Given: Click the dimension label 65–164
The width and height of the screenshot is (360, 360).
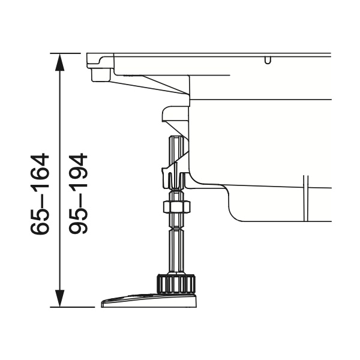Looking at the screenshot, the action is point(40,194).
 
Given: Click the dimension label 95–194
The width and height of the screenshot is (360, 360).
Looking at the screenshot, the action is point(78,194).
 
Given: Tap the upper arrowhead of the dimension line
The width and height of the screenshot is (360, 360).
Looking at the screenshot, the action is point(59,62).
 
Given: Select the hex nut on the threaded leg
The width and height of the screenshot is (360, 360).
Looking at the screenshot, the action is point(176,206).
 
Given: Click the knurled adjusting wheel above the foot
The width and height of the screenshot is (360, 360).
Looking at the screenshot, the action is point(176,284).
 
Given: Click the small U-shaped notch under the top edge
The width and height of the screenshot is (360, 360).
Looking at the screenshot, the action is point(268,60).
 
